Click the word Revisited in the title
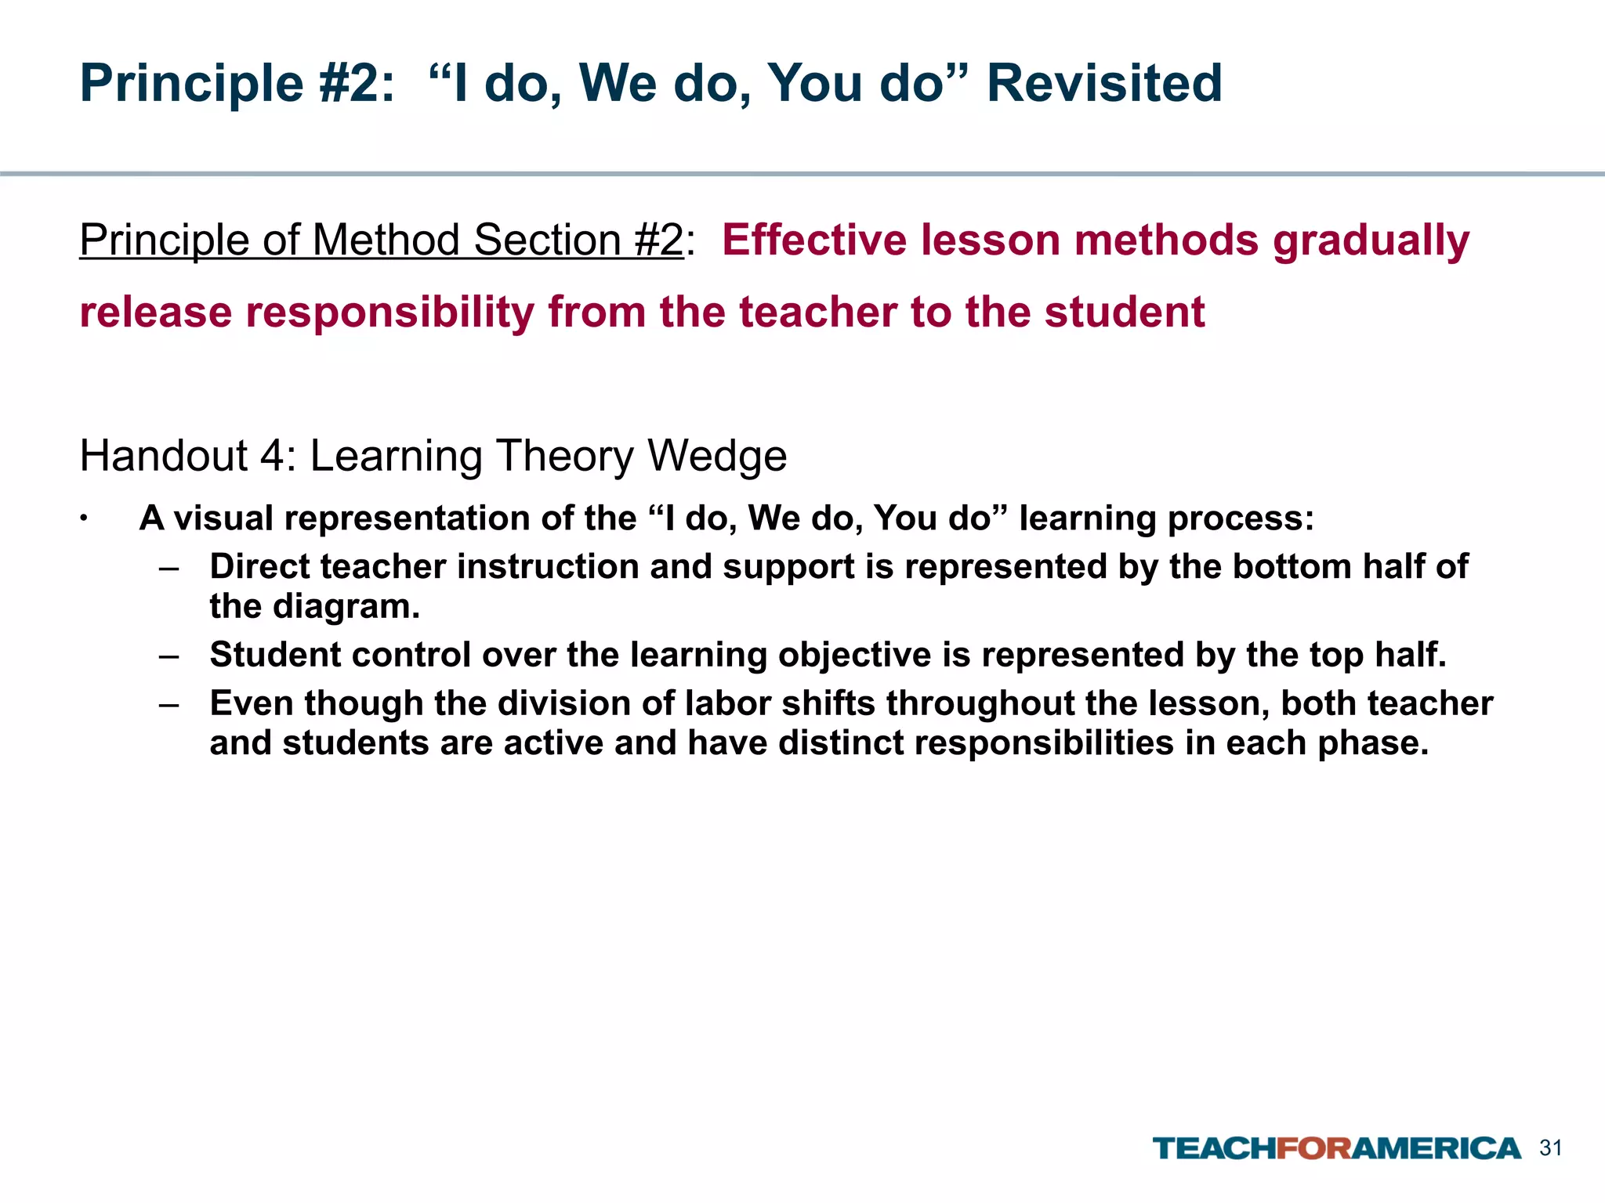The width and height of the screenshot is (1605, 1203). tap(1103, 83)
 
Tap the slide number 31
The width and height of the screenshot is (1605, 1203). tap(1551, 1148)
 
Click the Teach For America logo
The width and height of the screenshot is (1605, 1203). tap(1336, 1149)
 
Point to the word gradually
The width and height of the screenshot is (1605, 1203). tap(1371, 241)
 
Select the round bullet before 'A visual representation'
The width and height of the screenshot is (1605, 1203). tap(82, 519)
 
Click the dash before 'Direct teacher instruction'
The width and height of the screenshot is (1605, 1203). tap(168, 567)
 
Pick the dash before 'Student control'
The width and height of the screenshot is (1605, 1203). tap(168, 655)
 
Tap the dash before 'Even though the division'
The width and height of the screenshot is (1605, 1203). tap(168, 703)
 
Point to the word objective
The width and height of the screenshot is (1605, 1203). tap(854, 656)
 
